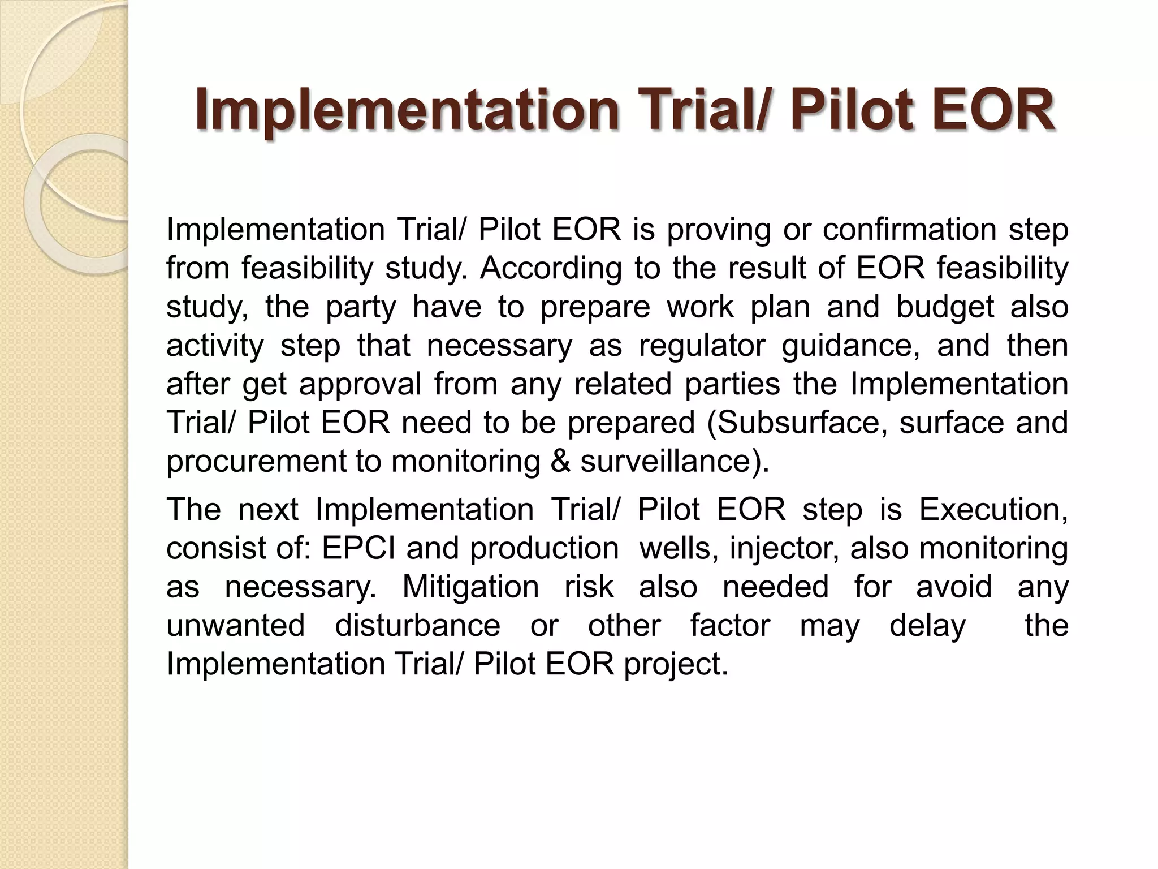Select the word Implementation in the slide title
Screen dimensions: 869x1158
click(x=406, y=110)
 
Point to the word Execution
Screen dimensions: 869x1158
click(x=993, y=509)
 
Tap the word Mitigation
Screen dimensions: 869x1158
click(x=470, y=587)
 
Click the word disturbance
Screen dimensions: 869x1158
click(x=417, y=625)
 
